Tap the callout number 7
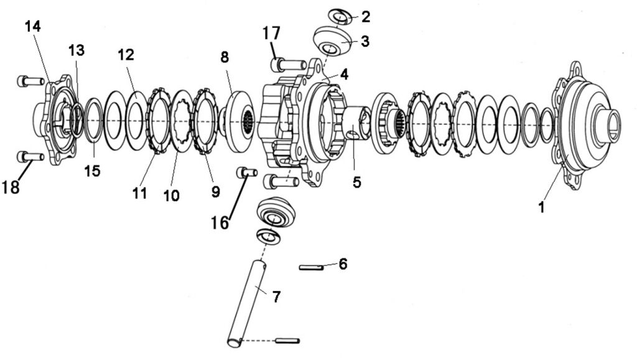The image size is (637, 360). click(x=276, y=296)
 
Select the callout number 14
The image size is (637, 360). click(x=32, y=27)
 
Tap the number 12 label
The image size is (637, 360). click(x=126, y=55)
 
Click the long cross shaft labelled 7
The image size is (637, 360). click(x=249, y=303)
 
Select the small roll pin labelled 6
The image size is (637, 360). click(x=310, y=268)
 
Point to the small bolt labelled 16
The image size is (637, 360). click(x=247, y=172)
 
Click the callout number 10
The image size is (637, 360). click(x=171, y=195)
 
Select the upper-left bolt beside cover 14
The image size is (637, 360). click(x=30, y=80)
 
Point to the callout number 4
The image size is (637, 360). click(x=343, y=74)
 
